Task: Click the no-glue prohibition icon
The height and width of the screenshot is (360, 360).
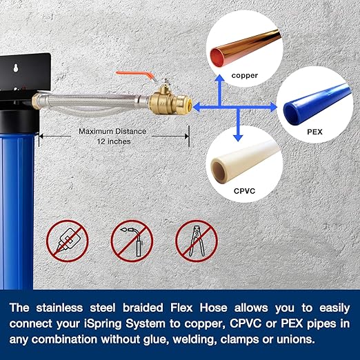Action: [x=68, y=239]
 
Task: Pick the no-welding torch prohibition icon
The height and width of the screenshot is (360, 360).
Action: [x=133, y=239]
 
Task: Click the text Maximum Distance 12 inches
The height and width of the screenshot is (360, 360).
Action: [x=106, y=136]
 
